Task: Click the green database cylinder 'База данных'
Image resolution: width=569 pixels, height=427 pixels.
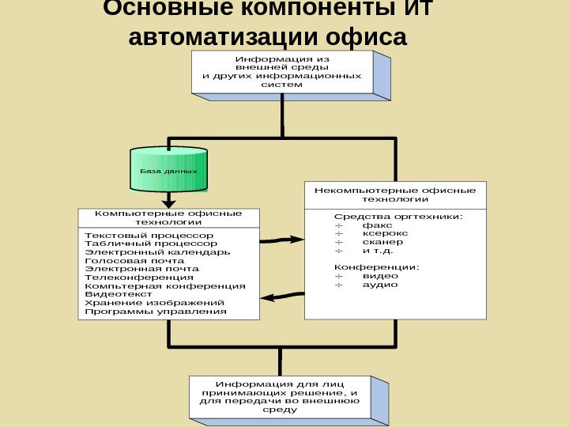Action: tap(168, 170)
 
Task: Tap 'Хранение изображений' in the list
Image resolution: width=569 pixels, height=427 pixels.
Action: tap(154, 302)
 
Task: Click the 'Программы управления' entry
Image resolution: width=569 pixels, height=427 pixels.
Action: tap(155, 311)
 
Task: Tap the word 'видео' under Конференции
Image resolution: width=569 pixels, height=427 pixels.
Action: tap(380, 276)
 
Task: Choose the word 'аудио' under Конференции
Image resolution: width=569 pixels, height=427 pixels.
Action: tap(380, 285)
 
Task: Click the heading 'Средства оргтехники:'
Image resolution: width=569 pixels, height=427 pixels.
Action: tap(398, 216)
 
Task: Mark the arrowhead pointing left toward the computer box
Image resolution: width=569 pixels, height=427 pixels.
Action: tap(266, 298)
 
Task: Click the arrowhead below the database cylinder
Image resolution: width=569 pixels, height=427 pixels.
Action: tap(168, 202)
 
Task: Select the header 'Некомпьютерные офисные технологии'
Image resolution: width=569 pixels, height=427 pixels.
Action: tap(395, 195)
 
